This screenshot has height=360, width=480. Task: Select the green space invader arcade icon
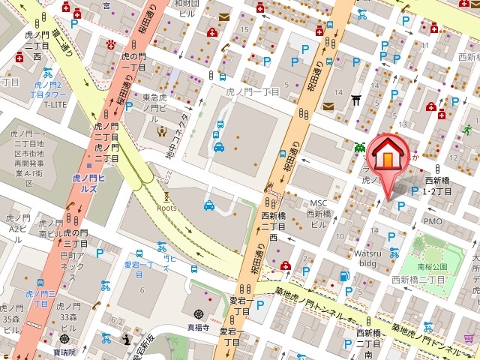[360, 146]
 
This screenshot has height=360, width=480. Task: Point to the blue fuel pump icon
[344, 276]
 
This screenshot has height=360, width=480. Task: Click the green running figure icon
[467, 129]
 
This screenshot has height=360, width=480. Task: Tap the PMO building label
[433, 221]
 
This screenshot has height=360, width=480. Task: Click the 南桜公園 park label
[433, 266]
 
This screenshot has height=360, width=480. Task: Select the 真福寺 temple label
[199, 327]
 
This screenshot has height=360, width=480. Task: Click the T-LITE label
[55, 105]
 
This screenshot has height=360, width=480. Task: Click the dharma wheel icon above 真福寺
[199, 313]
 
